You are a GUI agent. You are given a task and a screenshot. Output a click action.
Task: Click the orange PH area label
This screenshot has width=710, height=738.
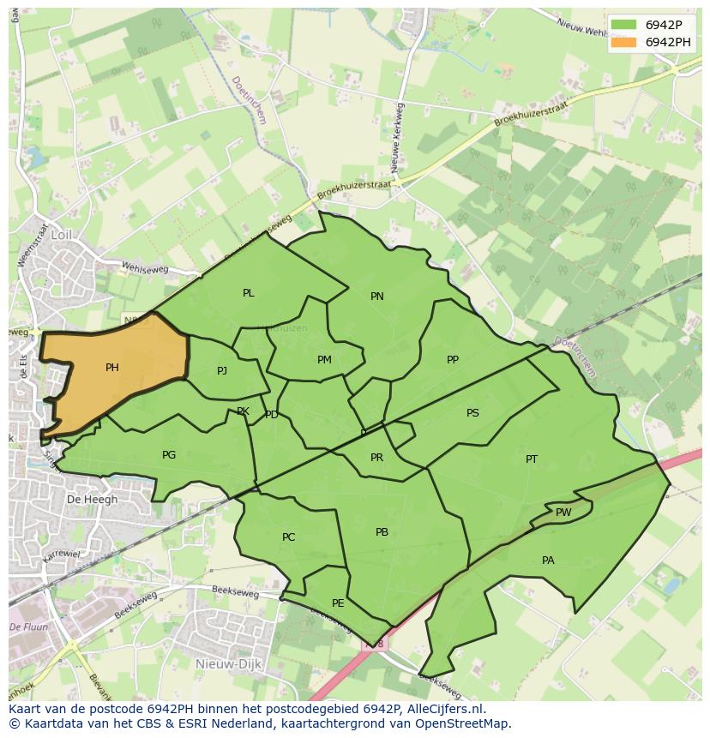(112, 368)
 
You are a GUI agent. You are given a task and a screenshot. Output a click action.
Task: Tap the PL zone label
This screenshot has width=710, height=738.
(249, 293)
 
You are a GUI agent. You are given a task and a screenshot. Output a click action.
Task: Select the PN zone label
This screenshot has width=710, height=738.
(377, 297)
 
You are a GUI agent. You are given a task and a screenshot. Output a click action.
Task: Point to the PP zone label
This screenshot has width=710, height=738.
(453, 360)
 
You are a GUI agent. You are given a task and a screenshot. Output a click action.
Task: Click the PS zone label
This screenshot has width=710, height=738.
(472, 413)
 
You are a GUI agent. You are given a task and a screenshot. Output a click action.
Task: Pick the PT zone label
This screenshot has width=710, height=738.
(532, 459)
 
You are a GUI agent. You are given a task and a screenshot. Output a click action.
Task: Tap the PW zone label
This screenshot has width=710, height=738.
(563, 513)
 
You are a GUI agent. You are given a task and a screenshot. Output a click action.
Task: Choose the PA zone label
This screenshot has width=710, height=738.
(548, 561)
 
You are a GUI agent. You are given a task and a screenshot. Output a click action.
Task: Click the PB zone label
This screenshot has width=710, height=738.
(382, 532)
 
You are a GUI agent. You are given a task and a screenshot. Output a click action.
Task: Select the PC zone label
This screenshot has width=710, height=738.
(289, 537)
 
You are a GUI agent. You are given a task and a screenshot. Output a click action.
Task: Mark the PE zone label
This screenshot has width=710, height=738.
(338, 603)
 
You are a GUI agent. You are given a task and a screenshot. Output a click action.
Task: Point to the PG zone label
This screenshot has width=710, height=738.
(169, 455)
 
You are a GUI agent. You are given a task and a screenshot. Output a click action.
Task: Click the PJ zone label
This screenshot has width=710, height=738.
(222, 371)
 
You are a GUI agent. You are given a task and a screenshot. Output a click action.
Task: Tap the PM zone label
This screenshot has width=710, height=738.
(324, 360)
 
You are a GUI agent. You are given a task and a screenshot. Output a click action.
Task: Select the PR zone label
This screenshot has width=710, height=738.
(376, 458)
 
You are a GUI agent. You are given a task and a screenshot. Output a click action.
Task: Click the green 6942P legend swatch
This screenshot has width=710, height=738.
(624, 25)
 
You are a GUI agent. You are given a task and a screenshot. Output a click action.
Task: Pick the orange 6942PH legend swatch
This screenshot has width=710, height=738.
(624, 42)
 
